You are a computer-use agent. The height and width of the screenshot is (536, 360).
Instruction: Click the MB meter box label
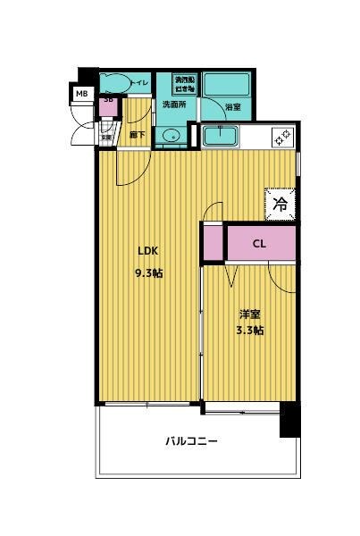[x=81, y=93]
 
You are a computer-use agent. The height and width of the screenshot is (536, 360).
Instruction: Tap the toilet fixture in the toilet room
[x=113, y=83]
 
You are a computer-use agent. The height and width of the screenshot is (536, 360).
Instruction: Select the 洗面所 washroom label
[x=173, y=105]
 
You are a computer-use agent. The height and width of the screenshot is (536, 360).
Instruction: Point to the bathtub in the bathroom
[x=222, y=86]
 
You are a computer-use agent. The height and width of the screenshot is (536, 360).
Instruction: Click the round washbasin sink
[x=172, y=136]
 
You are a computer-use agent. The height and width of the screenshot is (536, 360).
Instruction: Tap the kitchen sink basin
[x=220, y=136]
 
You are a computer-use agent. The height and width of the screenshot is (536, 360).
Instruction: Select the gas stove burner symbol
[x=280, y=137]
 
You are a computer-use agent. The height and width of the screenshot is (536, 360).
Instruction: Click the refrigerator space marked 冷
[x=280, y=204]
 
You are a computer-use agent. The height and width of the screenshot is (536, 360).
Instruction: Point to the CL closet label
[x=258, y=242]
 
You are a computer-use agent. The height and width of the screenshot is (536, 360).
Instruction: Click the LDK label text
[x=148, y=250]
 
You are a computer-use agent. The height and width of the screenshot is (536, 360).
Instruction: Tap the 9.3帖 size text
[x=149, y=272]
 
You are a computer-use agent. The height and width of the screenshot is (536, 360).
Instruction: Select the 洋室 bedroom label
[x=250, y=314]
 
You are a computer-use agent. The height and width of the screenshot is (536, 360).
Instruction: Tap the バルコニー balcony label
[x=191, y=441]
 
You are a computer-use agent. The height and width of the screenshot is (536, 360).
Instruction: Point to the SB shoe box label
[x=109, y=99]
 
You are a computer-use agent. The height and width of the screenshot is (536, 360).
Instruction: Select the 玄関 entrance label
[x=105, y=137]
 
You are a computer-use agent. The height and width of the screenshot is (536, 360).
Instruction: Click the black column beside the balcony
[x=289, y=418]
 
